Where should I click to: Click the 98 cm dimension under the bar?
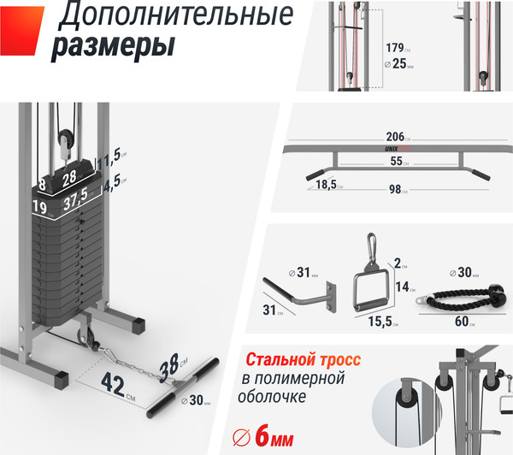(x=395, y=190)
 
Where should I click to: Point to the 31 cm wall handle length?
(x=269, y=309)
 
